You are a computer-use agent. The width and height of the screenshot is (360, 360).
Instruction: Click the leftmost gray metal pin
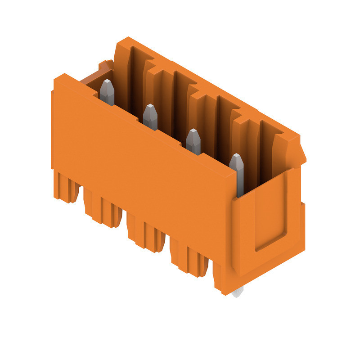click(x=107, y=92)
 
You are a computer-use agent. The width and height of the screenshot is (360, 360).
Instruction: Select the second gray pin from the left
click(x=150, y=117)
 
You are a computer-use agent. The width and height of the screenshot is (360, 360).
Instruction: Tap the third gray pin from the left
click(x=193, y=141)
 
